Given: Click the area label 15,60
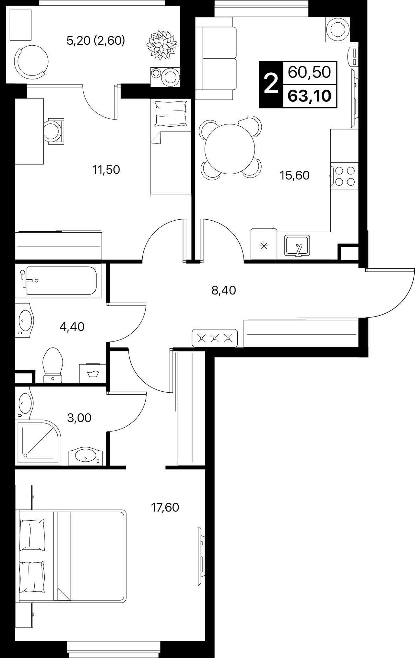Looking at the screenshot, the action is (x=294, y=176).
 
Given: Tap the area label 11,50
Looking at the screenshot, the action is (x=106, y=170).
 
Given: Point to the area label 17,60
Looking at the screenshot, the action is (x=165, y=507).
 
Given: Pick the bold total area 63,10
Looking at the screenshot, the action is (x=310, y=96).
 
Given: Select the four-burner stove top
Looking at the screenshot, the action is (x=344, y=176).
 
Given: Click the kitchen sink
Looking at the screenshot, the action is (x=297, y=246).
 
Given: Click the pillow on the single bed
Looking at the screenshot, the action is (x=171, y=113).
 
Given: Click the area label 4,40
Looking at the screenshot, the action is (x=72, y=327).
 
